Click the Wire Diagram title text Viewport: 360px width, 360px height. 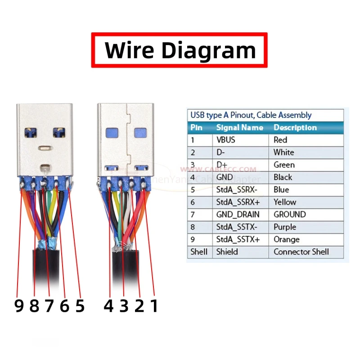click(x=180, y=50)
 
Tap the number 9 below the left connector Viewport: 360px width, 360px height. click(x=18, y=306)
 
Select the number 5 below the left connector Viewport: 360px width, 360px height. click(x=80, y=306)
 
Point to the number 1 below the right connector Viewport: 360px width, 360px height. click(x=154, y=306)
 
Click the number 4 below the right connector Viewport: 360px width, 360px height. click(x=108, y=306)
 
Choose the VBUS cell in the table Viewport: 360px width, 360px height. click(x=226, y=140)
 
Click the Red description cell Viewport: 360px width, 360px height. click(x=280, y=140)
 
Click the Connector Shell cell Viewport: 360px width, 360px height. click(x=301, y=252)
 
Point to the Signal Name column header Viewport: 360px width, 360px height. click(x=239, y=128)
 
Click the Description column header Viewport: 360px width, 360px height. click(x=295, y=128)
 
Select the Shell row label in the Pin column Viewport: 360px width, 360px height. click(x=199, y=252)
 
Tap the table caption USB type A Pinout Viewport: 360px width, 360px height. click(x=251, y=115)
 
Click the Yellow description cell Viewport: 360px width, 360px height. click(x=285, y=202)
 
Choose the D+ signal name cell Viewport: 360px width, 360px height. click(x=222, y=165)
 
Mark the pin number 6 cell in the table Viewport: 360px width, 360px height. click(x=193, y=202)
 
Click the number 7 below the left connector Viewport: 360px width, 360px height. click(x=49, y=306)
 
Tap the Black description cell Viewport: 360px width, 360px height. click(x=283, y=177)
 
